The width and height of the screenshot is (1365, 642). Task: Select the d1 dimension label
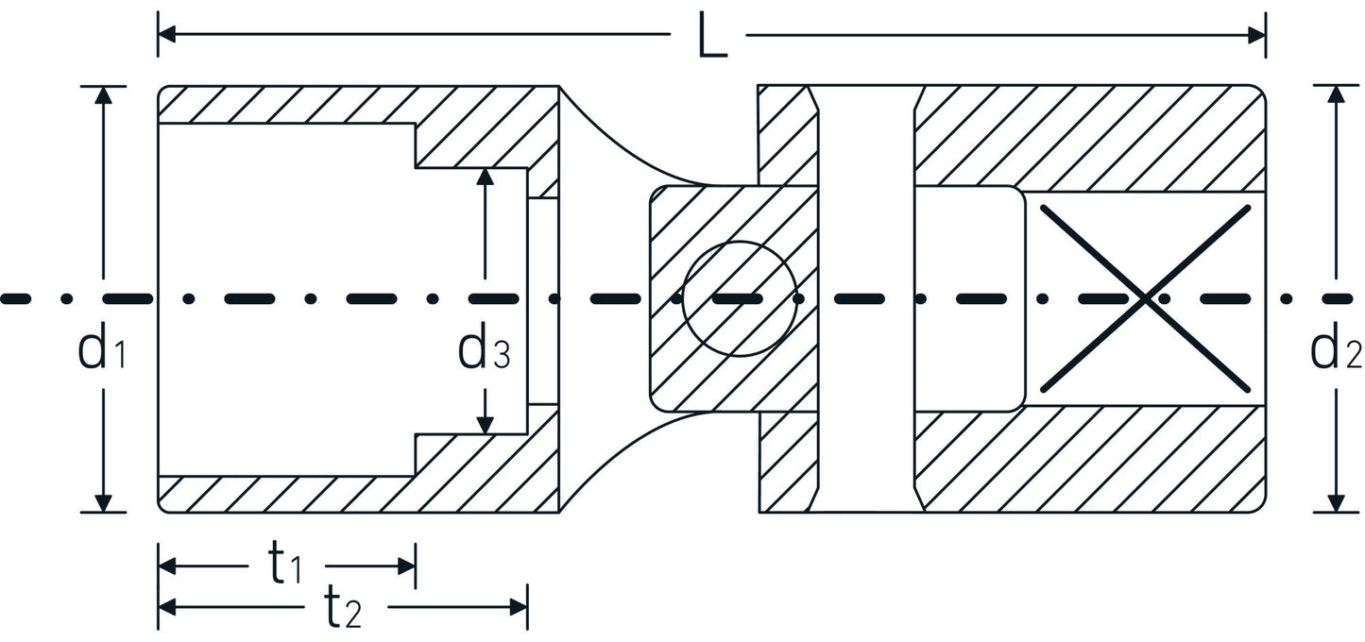102,350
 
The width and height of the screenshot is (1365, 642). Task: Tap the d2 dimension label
1336,350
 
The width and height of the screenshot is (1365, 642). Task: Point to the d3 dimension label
484,350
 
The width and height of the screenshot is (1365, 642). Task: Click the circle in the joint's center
739,298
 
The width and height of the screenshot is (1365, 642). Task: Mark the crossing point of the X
1145,298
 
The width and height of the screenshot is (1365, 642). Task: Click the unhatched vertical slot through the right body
867,298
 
